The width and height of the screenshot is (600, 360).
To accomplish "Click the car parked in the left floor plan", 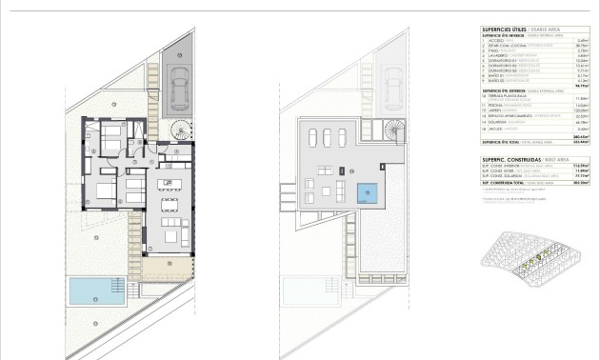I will (177, 75).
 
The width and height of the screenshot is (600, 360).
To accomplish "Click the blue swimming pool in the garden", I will (97, 290).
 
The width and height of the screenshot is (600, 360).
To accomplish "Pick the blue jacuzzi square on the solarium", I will (368, 193).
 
